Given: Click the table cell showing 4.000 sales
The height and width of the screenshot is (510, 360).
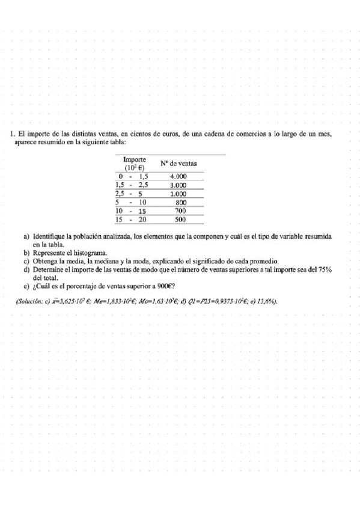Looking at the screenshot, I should (178, 176).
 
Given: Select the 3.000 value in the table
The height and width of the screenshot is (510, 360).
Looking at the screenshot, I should (178, 185).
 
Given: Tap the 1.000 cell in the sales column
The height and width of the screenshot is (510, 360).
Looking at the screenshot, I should (178, 194).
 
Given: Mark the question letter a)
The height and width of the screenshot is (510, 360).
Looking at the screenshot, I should (26, 238).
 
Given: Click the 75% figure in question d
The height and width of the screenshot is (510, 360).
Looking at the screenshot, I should (325, 270).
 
